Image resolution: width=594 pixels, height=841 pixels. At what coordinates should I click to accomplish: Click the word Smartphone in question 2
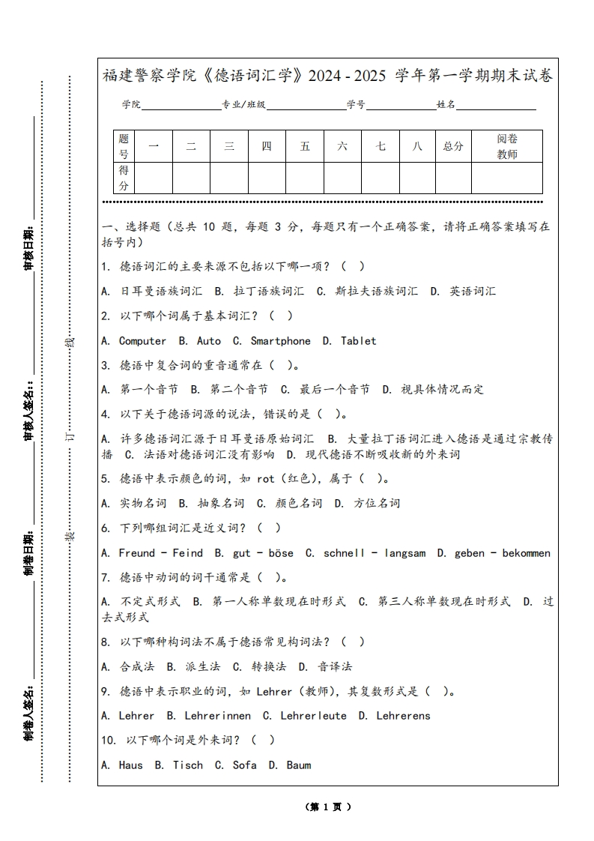click(x=280, y=341)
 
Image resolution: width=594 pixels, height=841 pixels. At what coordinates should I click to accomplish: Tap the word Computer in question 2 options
click(x=142, y=341)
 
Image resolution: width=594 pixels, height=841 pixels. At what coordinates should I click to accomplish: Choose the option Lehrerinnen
click(x=217, y=716)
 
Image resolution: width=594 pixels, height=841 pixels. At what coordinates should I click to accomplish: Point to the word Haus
click(x=130, y=765)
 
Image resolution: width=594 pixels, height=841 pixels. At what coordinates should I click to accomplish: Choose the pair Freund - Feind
click(x=160, y=553)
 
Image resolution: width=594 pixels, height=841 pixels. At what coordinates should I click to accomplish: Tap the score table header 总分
click(x=453, y=146)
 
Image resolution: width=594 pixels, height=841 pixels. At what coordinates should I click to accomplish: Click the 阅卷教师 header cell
click(x=507, y=146)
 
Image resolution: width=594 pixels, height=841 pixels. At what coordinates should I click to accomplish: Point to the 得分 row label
click(x=124, y=178)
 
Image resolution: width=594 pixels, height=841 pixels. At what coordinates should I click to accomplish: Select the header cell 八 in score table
click(x=417, y=146)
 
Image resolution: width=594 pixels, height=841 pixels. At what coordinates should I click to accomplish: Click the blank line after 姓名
click(x=496, y=105)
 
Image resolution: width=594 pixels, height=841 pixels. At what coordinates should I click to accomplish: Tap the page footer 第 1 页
click(x=328, y=807)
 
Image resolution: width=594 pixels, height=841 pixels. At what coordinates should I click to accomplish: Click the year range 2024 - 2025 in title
click(x=347, y=76)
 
